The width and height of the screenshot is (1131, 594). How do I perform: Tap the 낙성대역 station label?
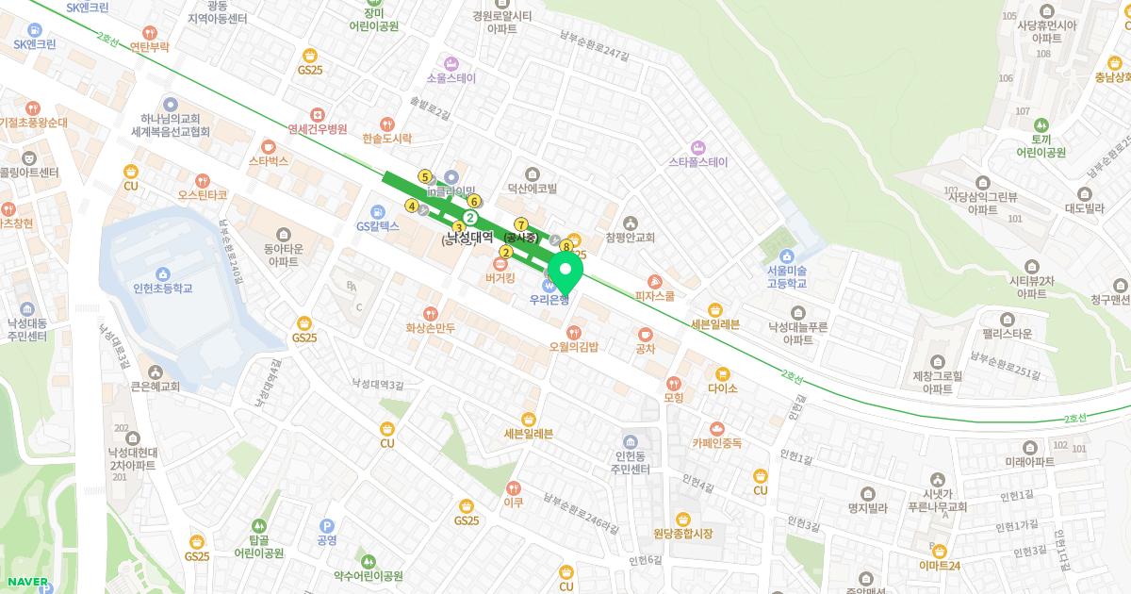tap(468, 239)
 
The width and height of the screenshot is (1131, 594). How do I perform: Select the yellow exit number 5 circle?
tap(425, 176)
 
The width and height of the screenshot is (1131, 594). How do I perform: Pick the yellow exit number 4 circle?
tap(411, 206)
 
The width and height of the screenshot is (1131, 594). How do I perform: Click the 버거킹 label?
tap(500, 278)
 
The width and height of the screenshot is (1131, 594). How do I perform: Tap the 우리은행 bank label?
tap(549, 301)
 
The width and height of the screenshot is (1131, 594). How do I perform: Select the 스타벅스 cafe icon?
tap(268, 146)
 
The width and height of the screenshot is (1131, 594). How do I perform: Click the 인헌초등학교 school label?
tap(163, 288)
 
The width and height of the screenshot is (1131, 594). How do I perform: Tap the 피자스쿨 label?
tap(655, 296)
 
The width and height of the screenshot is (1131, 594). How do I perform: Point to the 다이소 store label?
tap(722, 388)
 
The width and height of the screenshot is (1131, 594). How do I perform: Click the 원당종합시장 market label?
tap(682, 534)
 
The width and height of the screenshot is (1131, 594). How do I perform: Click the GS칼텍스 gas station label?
tap(378, 226)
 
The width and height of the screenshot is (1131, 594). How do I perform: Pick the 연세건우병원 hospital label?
tap(318, 129)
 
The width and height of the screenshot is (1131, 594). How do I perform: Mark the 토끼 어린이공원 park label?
tap(1041, 145)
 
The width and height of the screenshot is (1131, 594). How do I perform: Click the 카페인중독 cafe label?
tap(716, 442)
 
